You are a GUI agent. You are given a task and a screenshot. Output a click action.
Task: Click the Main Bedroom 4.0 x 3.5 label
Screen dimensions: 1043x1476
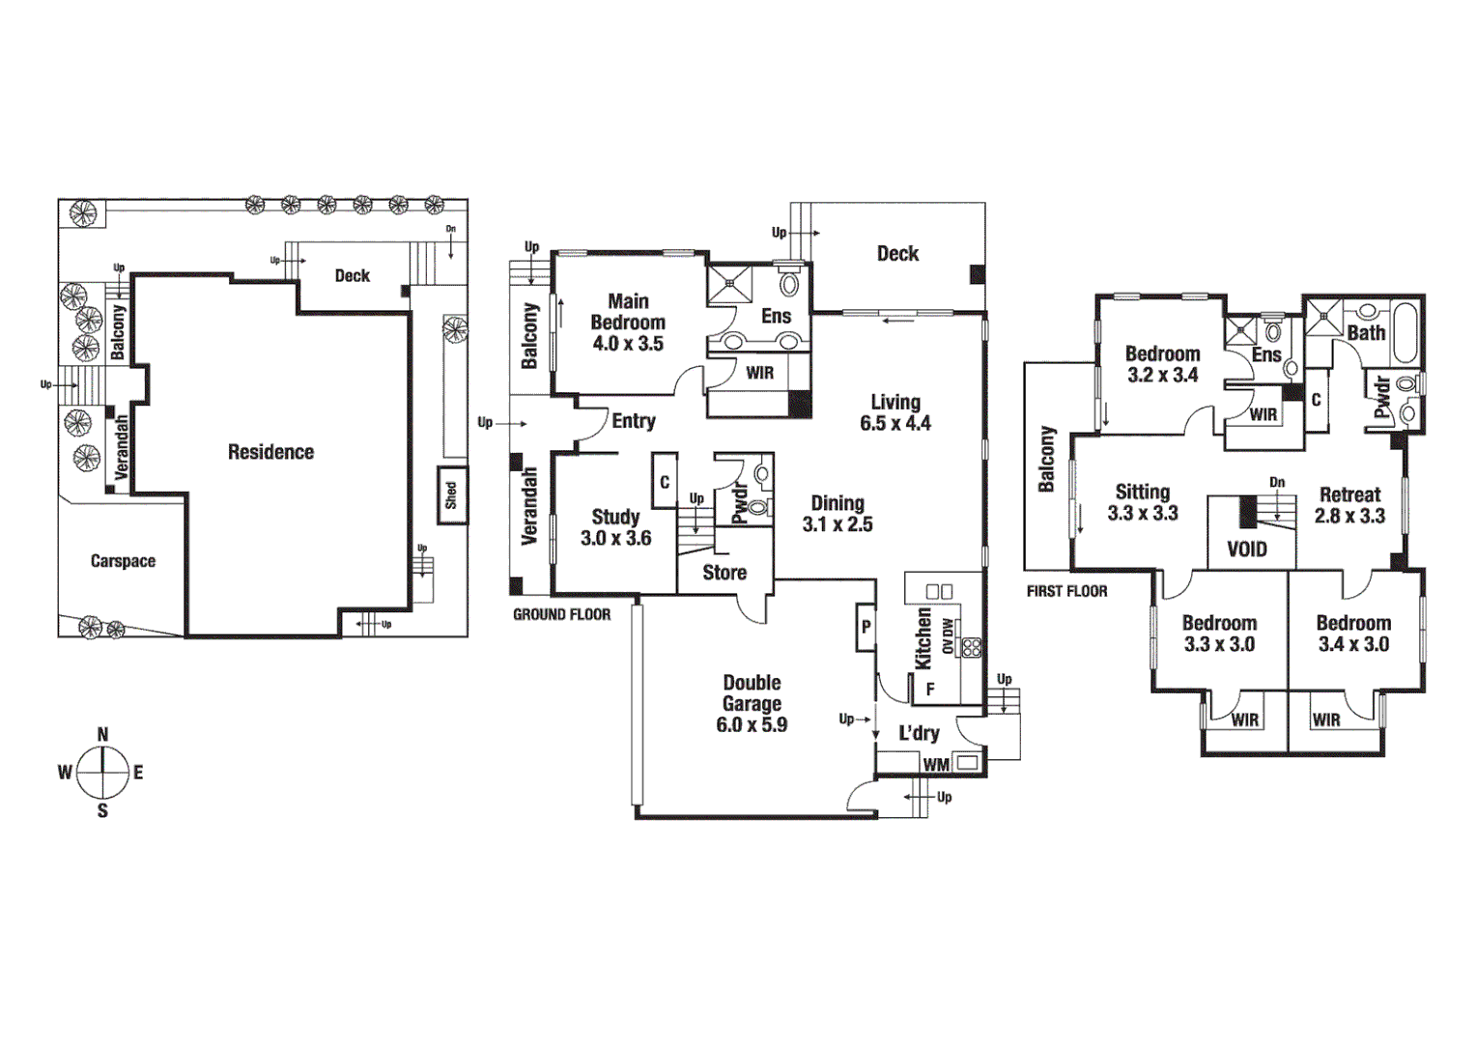(628, 323)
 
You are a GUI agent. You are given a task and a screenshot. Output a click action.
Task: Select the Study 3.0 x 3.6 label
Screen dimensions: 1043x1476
(615, 527)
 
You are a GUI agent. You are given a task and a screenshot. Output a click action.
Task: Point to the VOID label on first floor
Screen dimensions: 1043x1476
(1246, 550)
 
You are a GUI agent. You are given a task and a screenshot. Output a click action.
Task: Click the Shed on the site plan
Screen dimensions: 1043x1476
(451, 495)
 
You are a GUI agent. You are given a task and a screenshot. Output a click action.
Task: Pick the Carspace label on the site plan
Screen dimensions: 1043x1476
(123, 561)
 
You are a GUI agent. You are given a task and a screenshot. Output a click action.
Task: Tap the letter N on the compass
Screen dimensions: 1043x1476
(102, 735)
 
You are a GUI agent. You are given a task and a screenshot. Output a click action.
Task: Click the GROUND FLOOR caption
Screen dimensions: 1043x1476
(561, 614)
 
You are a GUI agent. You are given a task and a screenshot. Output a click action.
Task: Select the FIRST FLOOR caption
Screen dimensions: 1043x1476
(1066, 591)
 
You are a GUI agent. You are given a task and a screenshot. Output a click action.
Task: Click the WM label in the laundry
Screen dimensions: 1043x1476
(936, 764)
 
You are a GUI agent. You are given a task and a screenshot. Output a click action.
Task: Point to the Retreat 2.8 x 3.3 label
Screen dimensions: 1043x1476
(1349, 505)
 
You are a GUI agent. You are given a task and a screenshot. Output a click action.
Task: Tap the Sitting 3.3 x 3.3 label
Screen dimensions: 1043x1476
(1143, 502)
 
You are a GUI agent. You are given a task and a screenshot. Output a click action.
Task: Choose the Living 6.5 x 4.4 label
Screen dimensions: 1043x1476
(895, 412)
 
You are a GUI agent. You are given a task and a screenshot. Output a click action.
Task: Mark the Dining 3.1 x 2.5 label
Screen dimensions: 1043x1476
(837, 514)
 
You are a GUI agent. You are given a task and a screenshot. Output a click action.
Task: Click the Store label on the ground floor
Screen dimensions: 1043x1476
(724, 573)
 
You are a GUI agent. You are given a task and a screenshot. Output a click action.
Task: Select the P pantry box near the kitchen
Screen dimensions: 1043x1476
(866, 628)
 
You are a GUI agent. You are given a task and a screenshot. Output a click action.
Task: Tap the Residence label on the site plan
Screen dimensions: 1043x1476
(270, 452)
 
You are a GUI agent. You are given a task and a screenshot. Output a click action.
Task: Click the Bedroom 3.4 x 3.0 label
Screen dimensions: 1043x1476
(1353, 634)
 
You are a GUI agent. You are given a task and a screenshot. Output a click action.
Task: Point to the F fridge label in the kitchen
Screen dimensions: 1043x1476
(930, 690)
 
